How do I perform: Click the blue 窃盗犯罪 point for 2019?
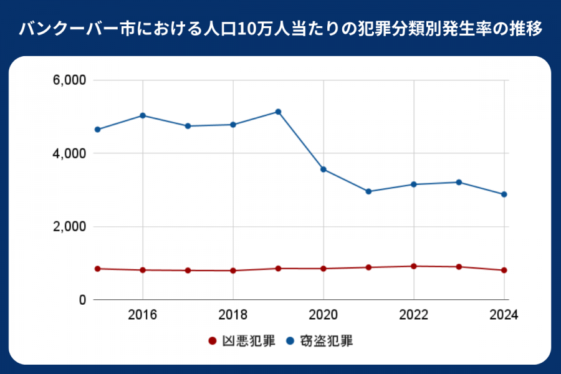pyautogui.click(x=278, y=112)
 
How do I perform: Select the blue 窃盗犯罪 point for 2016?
pyautogui.click(x=143, y=115)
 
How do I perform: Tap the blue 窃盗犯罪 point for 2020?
pyautogui.click(x=324, y=170)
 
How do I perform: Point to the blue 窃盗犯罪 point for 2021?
pyautogui.click(x=368, y=191)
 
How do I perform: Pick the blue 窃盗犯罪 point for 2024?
pyautogui.click(x=504, y=194)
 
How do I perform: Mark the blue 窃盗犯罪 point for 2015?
pyautogui.click(x=97, y=130)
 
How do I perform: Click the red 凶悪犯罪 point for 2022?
pyautogui.click(x=413, y=266)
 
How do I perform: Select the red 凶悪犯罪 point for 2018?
pyautogui.click(x=233, y=271)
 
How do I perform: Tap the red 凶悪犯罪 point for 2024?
pyautogui.click(x=504, y=270)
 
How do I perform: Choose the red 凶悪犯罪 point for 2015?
pyautogui.click(x=97, y=269)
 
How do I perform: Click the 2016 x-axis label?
pyautogui.click(x=143, y=314)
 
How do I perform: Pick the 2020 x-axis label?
pyautogui.click(x=324, y=314)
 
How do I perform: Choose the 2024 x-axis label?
pyautogui.click(x=504, y=314)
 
